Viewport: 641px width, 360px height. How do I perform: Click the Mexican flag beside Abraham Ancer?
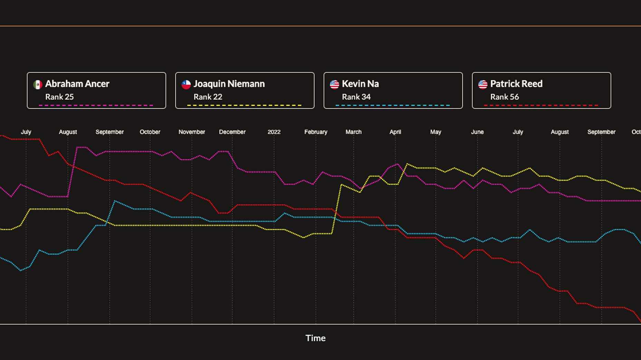[x=38, y=85]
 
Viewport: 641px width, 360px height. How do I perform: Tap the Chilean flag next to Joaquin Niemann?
[x=186, y=85]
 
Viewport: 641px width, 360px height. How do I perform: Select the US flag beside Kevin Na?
[x=334, y=85]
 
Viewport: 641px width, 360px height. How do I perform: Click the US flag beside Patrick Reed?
[x=483, y=85]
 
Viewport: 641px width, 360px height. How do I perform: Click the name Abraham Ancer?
[x=77, y=84]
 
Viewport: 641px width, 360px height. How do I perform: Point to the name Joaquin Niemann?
[x=229, y=84]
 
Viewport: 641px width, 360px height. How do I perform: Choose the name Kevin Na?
[x=360, y=84]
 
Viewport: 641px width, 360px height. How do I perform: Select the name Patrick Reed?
[x=516, y=84]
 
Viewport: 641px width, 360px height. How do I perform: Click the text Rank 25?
[x=59, y=97]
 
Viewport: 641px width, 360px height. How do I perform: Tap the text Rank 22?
[x=208, y=97]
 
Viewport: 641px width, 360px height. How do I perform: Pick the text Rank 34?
[x=356, y=97]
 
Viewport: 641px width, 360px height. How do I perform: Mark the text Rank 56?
[x=505, y=97]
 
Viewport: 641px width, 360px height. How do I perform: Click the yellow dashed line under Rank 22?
[x=244, y=105]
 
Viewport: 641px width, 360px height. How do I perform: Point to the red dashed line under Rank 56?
[x=541, y=105]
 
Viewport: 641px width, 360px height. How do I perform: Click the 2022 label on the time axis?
[x=274, y=132]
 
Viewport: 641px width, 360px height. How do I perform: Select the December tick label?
[x=232, y=132]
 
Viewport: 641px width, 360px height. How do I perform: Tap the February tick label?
[x=316, y=132]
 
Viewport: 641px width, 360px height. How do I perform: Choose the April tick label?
[x=395, y=132]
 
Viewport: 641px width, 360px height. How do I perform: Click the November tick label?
[x=192, y=132]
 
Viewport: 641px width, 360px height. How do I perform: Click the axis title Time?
[x=315, y=338]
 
